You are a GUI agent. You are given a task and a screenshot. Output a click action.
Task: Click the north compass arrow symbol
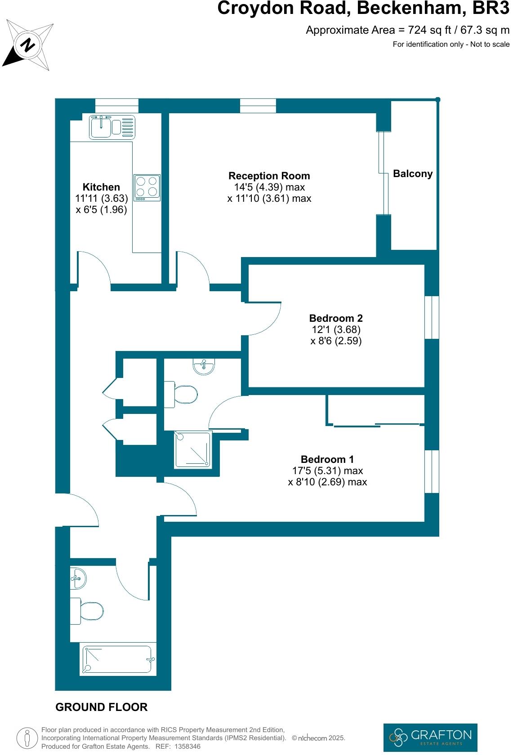(27, 45)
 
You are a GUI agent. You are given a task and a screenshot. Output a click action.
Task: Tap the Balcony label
(412, 174)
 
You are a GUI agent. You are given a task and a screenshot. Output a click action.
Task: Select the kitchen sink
(102, 127)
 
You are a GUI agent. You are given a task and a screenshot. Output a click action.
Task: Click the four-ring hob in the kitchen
(147, 187)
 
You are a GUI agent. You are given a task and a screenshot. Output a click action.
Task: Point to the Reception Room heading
(269, 176)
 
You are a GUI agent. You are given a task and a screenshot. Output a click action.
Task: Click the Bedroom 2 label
(335, 318)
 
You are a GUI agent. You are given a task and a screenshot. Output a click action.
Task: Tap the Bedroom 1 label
(327, 459)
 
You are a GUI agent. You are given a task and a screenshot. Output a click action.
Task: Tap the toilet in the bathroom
(89, 611)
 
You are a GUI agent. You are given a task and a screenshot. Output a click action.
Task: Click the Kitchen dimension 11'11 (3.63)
(102, 198)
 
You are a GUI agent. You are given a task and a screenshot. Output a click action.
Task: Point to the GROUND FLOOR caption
(101, 707)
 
